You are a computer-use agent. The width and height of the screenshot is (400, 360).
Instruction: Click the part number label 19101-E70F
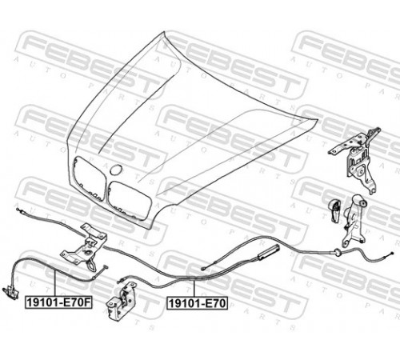click(x=58, y=302)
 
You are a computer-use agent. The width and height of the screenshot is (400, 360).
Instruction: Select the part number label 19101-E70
click(x=198, y=303)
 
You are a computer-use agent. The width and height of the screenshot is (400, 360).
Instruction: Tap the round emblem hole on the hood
click(x=116, y=170)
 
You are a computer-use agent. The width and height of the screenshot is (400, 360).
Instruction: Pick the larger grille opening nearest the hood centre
click(x=129, y=201)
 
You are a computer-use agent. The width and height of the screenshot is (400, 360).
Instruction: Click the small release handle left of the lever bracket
click(x=335, y=210)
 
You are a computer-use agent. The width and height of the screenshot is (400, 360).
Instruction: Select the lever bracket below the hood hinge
click(x=354, y=222)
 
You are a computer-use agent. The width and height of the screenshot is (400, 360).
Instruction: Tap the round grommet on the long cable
click(x=337, y=252)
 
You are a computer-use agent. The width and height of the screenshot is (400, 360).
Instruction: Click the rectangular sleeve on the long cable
click(x=269, y=252)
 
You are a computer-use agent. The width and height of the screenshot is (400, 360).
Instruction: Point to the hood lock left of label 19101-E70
click(x=122, y=299)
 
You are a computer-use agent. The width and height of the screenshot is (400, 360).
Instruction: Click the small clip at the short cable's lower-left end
click(x=10, y=290)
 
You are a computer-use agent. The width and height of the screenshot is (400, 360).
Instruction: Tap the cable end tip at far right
click(x=392, y=254)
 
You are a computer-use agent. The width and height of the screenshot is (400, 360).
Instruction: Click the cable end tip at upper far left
click(x=18, y=210)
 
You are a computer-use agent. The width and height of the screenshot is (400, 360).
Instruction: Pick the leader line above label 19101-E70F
click(x=55, y=283)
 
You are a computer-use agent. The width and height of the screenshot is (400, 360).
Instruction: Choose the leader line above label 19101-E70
click(x=194, y=289)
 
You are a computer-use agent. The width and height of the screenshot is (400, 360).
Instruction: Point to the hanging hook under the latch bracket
click(x=91, y=265)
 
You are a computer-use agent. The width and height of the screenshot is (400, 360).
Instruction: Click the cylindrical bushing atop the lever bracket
click(x=362, y=204)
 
